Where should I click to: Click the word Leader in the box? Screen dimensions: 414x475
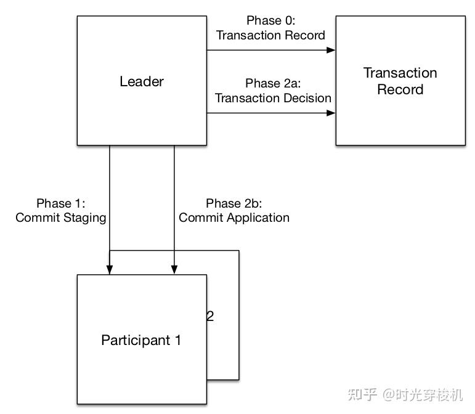click(x=142, y=81)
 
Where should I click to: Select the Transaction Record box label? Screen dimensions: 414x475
click(x=400, y=81)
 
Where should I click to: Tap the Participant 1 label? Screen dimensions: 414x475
click(x=141, y=340)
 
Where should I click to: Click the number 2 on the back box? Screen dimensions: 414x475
click(x=210, y=317)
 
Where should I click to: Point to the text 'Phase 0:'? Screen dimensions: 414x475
click(x=270, y=21)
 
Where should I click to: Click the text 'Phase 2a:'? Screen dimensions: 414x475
click(x=272, y=83)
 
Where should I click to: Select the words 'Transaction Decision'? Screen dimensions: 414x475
click(x=273, y=98)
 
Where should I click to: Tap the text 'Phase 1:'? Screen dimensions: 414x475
click(x=60, y=203)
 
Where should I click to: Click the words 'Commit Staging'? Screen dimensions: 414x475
click(x=61, y=217)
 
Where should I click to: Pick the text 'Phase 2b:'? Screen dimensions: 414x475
click(x=233, y=203)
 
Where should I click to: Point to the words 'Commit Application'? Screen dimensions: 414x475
click(x=234, y=217)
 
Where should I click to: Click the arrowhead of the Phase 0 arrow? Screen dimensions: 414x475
click(x=331, y=51)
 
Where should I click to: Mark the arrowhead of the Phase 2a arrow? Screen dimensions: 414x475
click(x=331, y=113)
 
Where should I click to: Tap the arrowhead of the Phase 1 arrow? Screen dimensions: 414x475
click(x=110, y=270)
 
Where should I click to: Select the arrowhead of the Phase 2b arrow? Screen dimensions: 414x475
click(x=174, y=270)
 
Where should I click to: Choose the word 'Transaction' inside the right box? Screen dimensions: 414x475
click(x=400, y=73)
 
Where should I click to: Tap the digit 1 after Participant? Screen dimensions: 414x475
click(x=177, y=340)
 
